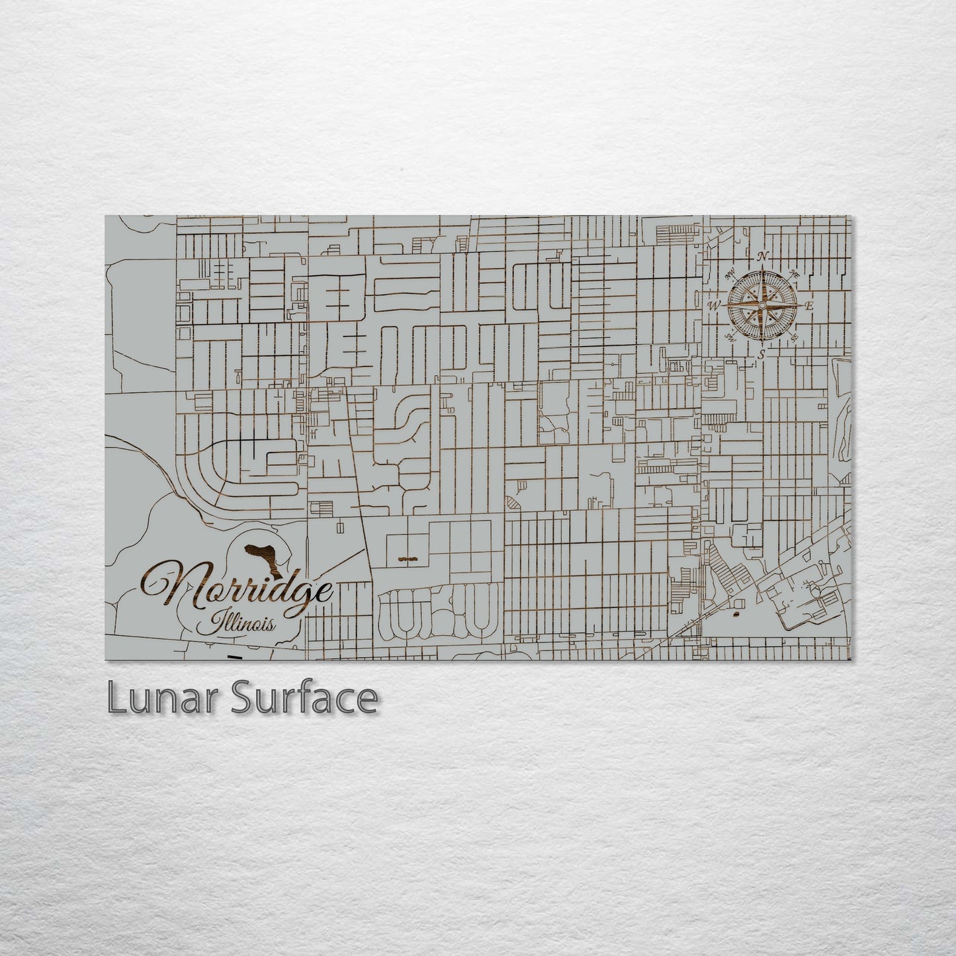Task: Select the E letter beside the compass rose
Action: pyautogui.click(x=808, y=306)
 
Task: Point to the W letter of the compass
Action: pyautogui.click(x=715, y=306)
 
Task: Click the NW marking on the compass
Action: pyautogui.click(x=731, y=273)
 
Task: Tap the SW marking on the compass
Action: pyautogui.click(x=730, y=337)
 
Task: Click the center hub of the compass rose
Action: pyautogui.click(x=762, y=306)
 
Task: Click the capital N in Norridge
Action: pyautogui.click(x=171, y=587)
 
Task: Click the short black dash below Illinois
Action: pyautogui.click(x=234, y=657)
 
